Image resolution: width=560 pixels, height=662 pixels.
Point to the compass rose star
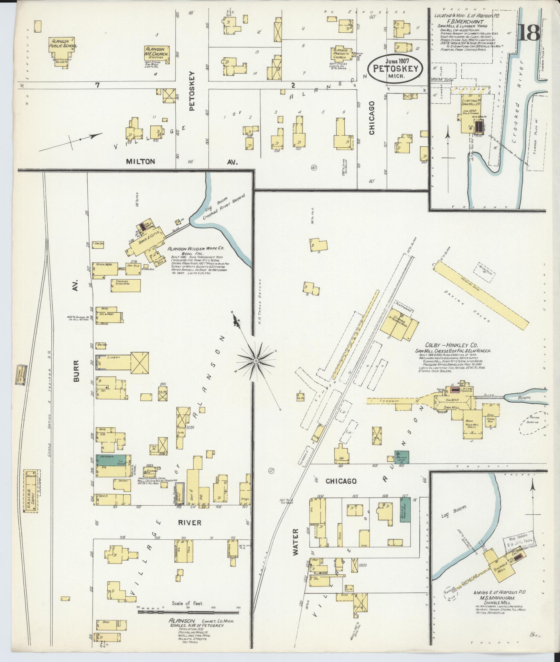(x=256, y=361)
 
